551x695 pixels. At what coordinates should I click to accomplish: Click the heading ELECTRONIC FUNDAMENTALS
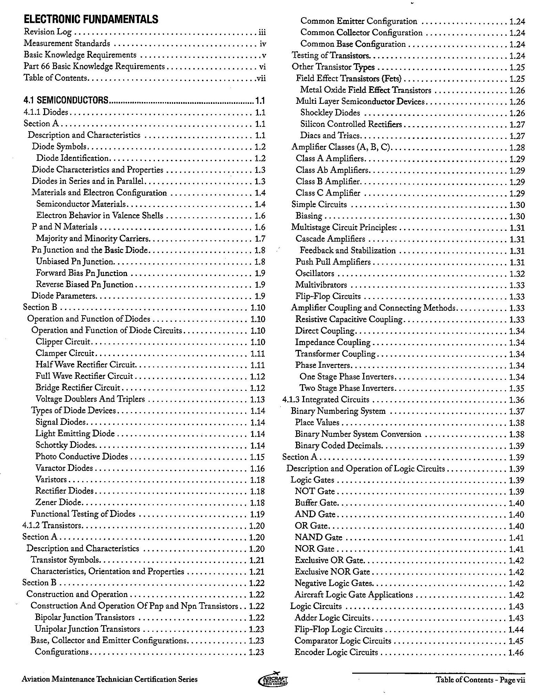[x=91, y=19]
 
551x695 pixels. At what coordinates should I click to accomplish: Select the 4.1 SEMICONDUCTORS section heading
[x=66, y=100]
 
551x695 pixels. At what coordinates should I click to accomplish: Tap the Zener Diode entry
[x=58, y=502]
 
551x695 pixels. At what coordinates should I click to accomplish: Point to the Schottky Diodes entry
[x=65, y=445]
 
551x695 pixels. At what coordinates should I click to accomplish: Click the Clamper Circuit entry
[x=65, y=353]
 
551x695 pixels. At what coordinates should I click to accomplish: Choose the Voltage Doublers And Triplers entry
[x=90, y=399]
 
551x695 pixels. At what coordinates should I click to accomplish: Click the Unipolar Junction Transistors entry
[x=87, y=629]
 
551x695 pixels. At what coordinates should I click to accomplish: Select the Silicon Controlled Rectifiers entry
[x=351, y=124]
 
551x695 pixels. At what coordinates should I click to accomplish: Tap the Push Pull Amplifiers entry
[x=333, y=262]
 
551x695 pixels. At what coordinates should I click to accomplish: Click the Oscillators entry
[x=315, y=273]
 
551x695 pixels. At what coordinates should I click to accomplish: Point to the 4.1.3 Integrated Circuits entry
[x=326, y=399]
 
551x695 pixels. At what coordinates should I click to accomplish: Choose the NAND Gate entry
[x=318, y=537]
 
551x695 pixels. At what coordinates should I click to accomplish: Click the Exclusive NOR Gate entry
[x=332, y=572]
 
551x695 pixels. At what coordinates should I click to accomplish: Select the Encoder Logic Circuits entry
[x=336, y=652]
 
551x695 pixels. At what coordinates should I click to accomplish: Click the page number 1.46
[x=516, y=652]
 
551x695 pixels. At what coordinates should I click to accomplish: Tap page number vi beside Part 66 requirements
[x=262, y=67]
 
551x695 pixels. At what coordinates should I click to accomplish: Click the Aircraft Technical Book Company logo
[x=273, y=680]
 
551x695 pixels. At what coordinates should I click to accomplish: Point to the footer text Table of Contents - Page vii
[x=480, y=680]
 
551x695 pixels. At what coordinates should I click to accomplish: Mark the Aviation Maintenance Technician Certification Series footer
[x=110, y=679]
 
